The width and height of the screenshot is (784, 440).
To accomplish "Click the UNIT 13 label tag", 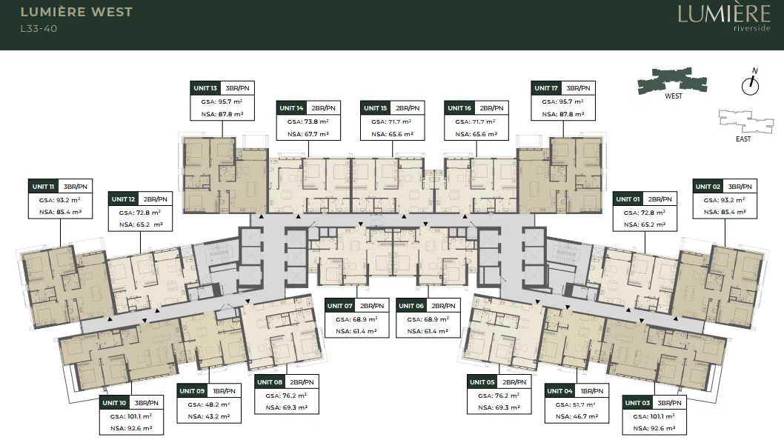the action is click(205, 88).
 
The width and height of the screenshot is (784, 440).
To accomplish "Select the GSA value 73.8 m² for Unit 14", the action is click(308, 121).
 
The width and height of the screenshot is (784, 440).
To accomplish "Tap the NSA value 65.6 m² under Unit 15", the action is click(393, 134).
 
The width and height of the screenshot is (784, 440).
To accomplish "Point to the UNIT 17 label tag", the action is click(546, 88).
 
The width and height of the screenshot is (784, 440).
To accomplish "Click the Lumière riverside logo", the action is click(724, 17).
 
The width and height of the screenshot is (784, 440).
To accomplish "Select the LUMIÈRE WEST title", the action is click(76, 12).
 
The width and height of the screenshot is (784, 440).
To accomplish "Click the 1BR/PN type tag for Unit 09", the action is click(224, 391).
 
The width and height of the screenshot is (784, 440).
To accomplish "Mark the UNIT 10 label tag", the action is click(115, 403).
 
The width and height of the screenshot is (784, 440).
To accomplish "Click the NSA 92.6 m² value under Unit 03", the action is click(654, 428).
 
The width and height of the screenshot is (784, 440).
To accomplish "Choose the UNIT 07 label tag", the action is click(341, 305).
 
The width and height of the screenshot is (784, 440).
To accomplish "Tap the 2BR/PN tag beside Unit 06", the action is click(443, 305).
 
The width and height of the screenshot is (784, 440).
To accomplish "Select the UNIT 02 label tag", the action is click(708, 187).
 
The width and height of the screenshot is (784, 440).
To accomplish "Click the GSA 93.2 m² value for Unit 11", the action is click(60, 200).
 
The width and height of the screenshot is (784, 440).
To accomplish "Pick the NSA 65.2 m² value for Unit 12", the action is click(141, 224).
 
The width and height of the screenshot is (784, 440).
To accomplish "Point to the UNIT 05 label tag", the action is click(482, 382).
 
